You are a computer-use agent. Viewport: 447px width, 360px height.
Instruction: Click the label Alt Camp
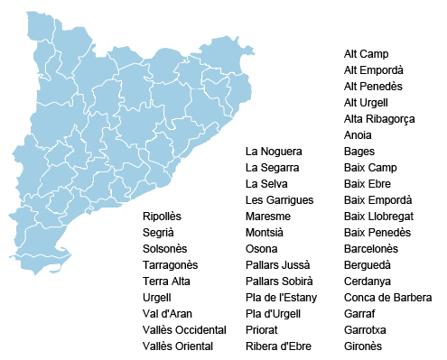click(x=366, y=54)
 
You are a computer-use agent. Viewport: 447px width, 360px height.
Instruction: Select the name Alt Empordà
click(x=373, y=70)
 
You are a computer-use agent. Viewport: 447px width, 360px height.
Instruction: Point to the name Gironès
click(x=363, y=346)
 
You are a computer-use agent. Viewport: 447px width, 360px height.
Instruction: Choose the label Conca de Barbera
click(x=387, y=298)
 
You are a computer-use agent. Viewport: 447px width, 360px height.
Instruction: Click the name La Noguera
click(x=274, y=152)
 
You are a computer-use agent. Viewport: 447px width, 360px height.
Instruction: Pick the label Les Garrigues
click(x=279, y=200)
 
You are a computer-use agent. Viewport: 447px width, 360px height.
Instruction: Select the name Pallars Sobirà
click(x=279, y=282)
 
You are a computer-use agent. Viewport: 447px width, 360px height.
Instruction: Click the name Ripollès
click(x=163, y=217)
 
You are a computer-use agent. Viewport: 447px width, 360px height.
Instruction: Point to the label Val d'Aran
click(x=168, y=314)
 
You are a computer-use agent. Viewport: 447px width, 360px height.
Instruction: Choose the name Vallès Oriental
click(x=178, y=346)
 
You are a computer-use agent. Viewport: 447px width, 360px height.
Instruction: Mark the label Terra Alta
click(x=167, y=282)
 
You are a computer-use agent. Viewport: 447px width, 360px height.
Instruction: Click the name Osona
click(x=262, y=249)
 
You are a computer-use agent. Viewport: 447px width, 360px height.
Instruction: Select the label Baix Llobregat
click(x=378, y=217)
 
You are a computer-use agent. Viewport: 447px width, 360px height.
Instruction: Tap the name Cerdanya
click(x=368, y=282)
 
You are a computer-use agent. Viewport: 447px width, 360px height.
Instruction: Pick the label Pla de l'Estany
click(x=280, y=298)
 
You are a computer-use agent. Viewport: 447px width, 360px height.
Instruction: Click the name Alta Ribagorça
click(x=378, y=119)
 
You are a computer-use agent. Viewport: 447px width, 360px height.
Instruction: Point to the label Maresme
click(x=267, y=217)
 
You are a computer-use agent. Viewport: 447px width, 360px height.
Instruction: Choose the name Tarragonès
click(x=170, y=265)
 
